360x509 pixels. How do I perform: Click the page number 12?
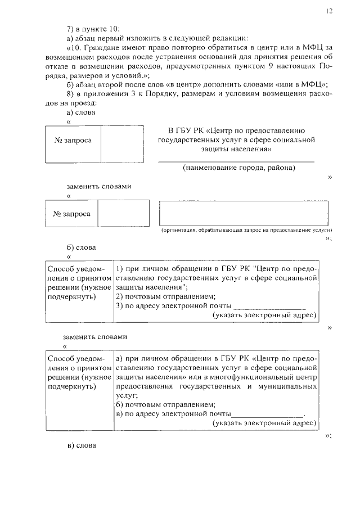click(x=329, y=11)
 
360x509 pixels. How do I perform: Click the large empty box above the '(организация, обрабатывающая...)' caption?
click(x=244, y=213)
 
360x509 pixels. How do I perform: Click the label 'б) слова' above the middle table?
click(x=81, y=247)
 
